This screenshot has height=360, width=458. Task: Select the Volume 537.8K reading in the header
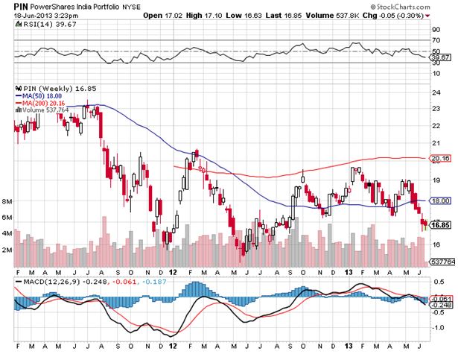364,15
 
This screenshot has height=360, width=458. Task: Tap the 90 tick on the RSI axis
437,30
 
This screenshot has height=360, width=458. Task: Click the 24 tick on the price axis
437,92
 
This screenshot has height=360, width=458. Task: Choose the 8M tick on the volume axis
7,201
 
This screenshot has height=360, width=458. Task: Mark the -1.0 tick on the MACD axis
439,327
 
